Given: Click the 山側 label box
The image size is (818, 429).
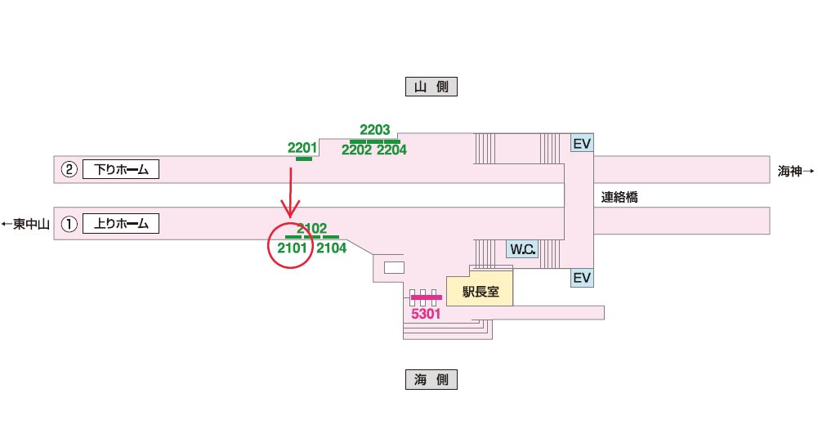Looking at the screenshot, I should click(x=431, y=87).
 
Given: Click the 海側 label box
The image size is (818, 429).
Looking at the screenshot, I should click(x=431, y=379).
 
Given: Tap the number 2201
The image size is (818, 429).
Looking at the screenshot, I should click(x=302, y=148).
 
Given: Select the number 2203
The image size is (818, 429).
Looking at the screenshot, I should click(x=375, y=130).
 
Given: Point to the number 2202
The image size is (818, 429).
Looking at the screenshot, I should click(x=356, y=150).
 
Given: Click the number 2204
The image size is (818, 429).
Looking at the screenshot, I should click(x=391, y=150).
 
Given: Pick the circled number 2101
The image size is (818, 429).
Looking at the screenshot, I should click(x=292, y=248).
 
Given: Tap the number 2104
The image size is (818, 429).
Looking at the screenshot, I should click(x=332, y=248).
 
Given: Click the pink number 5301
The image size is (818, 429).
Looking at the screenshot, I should click(x=425, y=313).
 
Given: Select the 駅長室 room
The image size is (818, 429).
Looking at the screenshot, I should click(x=480, y=291).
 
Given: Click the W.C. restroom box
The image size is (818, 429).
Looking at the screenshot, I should click(x=522, y=249).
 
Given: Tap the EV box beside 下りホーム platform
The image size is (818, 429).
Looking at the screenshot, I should click(x=581, y=144).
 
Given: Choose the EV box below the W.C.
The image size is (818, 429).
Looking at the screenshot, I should click(x=581, y=278).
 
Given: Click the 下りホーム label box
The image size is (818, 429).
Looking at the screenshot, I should click(x=120, y=170).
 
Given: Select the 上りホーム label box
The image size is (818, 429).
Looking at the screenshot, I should click(x=120, y=223).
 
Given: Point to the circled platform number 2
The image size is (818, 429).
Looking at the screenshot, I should click(x=69, y=170).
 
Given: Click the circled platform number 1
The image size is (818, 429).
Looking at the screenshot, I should click(x=69, y=223).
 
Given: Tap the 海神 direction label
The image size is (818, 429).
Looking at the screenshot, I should click(x=795, y=171).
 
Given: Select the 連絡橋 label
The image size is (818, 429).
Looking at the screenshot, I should click(x=619, y=197).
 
